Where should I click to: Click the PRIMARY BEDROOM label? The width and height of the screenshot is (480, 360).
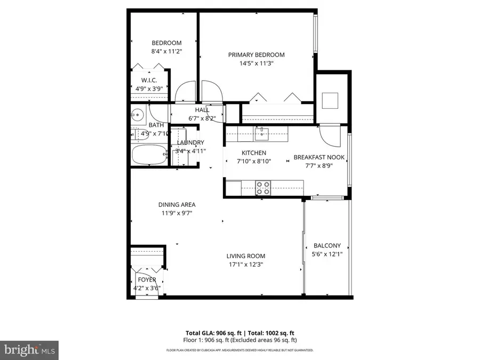(x=256, y=54)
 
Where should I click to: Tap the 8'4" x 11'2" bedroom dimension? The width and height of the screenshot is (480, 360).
(x=166, y=52)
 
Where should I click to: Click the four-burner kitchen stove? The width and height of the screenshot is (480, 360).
(x=263, y=187)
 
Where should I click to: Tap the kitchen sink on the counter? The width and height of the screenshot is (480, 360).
(x=261, y=133)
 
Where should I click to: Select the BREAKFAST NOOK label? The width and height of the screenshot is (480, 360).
(x=319, y=157)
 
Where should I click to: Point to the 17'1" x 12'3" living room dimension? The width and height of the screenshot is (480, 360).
(x=245, y=264)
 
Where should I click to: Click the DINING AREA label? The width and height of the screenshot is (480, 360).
(x=177, y=204)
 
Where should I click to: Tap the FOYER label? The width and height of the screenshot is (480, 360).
(x=147, y=279)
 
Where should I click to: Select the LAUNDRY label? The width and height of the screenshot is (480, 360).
(x=190, y=142)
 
